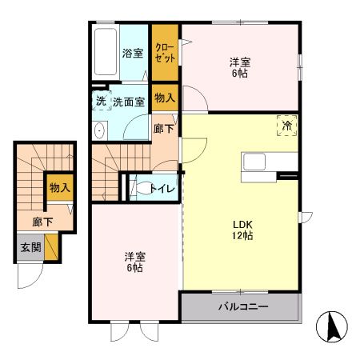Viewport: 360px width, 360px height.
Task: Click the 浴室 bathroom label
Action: [132, 54]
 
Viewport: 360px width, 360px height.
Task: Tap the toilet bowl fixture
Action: [141, 189]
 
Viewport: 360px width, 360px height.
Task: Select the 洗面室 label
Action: [128, 102]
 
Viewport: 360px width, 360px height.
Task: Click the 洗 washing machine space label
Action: [100, 102]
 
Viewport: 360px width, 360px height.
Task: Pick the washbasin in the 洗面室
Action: [99, 131]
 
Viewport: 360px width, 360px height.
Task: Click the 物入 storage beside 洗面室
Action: [164, 98]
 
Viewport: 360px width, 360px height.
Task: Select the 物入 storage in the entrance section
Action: [59, 188]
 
